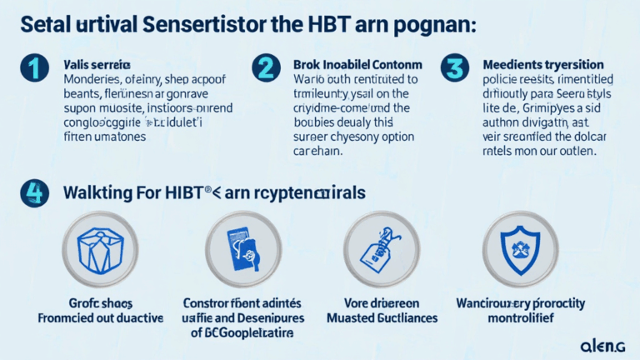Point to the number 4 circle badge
pyautogui.click(x=33, y=193)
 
